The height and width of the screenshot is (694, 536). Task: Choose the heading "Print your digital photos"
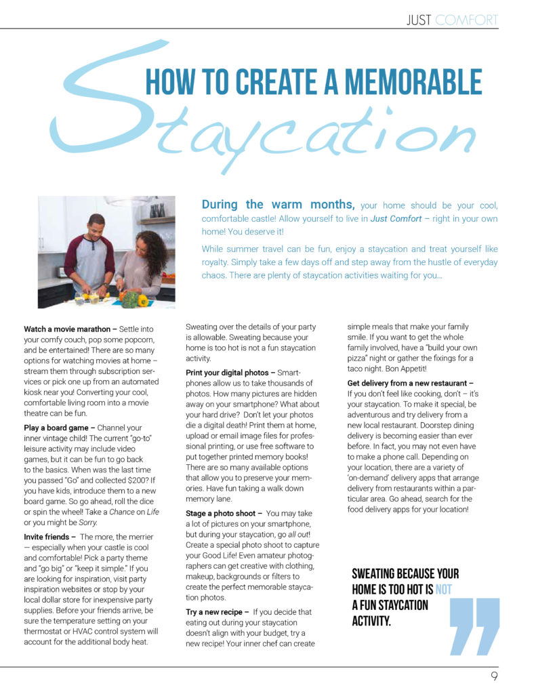(x=228, y=373)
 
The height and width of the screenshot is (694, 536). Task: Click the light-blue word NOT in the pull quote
(x=442, y=588)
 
